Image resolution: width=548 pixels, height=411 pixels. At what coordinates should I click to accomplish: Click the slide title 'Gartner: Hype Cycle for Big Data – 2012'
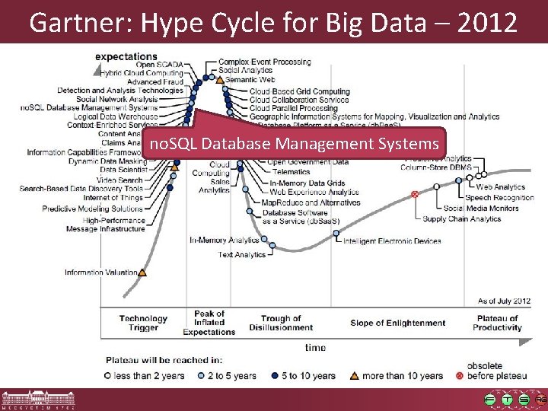click(273, 22)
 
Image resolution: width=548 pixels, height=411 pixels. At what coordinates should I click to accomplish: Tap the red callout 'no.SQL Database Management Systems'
click(294, 143)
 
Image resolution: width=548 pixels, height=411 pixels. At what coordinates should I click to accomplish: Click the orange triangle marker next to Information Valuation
click(142, 272)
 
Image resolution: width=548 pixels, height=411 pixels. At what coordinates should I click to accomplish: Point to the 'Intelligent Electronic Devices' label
click(392, 241)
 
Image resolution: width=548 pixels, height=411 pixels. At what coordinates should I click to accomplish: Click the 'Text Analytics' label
click(241, 255)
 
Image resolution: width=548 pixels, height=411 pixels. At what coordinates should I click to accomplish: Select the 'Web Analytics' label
click(500, 187)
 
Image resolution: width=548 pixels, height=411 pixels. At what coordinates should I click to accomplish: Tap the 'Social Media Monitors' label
click(481, 209)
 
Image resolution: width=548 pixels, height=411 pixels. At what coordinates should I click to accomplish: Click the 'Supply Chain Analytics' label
click(462, 219)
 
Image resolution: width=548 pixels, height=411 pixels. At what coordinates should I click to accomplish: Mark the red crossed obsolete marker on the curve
click(415, 195)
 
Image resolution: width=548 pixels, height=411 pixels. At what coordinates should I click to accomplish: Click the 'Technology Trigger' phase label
click(143, 323)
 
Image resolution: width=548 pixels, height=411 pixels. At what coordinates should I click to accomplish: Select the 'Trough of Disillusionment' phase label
click(281, 323)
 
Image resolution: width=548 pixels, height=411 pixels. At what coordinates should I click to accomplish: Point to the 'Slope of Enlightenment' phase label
click(398, 323)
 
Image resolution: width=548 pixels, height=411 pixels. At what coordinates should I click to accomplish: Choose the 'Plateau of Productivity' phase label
click(497, 323)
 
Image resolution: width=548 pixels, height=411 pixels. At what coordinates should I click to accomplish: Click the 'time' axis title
click(315, 348)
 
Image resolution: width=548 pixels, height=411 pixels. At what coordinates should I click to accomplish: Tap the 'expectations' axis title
click(126, 56)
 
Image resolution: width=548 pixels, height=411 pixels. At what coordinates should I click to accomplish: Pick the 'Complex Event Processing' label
click(264, 62)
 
